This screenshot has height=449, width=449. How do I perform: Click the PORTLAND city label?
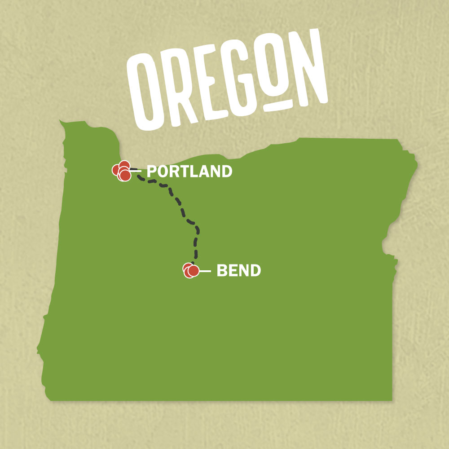[189, 171]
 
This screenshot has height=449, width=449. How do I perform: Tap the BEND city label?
[238, 271]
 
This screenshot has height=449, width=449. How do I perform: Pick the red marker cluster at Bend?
[191, 270]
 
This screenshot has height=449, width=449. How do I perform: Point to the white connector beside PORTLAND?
[137, 171]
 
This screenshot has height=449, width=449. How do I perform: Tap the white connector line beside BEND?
[205, 271]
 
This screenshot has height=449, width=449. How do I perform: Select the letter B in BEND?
[222, 271]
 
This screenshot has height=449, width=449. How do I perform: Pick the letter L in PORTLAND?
[194, 171]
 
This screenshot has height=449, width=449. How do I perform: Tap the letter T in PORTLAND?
[184, 171]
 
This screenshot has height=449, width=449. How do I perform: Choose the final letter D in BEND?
[255, 271]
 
